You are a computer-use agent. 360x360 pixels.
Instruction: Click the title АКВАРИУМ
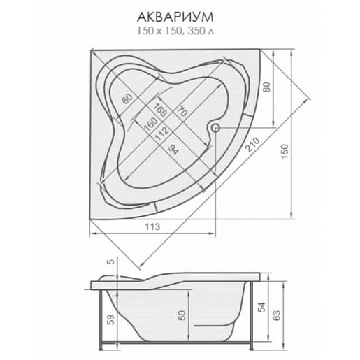(x=175, y=17)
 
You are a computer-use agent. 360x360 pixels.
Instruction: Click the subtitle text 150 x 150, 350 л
(x=175, y=31)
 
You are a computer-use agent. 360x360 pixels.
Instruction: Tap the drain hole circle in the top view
(x=215, y=128)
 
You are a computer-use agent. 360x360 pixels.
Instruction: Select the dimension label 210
(x=252, y=145)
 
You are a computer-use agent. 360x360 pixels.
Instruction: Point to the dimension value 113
(x=153, y=226)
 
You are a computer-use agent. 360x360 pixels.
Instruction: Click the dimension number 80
(x=267, y=87)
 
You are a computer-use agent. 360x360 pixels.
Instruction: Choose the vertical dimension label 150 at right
(x=285, y=152)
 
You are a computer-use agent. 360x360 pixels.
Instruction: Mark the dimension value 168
(x=160, y=109)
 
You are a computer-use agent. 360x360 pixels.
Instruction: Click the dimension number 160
(x=151, y=124)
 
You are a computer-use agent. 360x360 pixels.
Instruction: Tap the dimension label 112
(x=161, y=134)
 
